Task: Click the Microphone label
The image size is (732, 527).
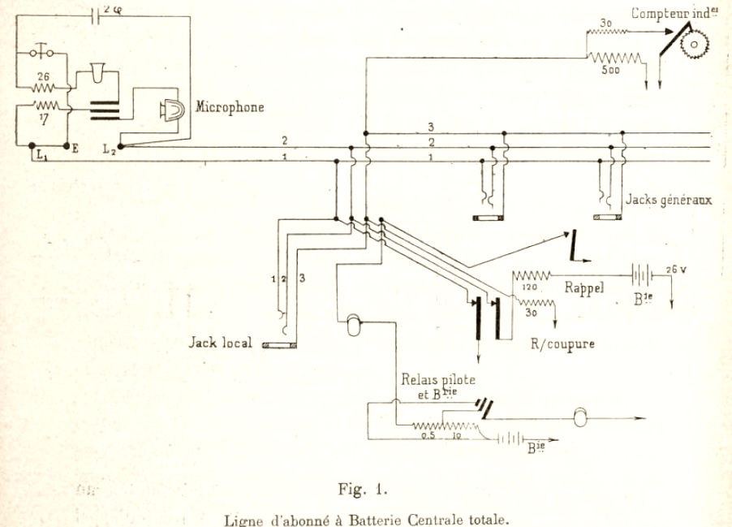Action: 230,107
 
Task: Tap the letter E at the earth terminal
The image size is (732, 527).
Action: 75,149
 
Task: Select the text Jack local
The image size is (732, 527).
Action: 219,343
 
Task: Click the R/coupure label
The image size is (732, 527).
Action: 562,343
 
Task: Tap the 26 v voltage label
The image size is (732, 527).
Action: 675,269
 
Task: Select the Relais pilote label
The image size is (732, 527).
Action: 438,379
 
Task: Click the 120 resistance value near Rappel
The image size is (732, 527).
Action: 528,287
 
